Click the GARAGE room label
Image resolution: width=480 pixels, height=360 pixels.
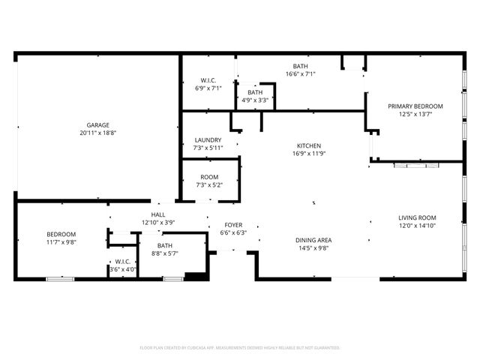click(97, 124)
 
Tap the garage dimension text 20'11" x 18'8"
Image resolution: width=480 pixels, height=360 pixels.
click(97, 132)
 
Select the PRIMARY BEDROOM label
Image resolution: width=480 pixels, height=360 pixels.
click(415, 106)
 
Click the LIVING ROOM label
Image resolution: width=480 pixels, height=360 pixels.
click(416, 217)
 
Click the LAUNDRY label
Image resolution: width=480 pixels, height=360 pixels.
click(208, 140)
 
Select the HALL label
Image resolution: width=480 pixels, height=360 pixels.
click(158, 214)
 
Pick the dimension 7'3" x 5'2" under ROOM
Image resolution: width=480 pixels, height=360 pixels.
click(209, 184)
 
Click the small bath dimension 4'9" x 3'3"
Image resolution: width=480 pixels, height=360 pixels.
click(256, 100)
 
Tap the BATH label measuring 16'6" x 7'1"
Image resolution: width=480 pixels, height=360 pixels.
click(301, 66)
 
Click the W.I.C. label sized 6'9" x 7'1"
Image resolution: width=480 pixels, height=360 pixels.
click(208, 80)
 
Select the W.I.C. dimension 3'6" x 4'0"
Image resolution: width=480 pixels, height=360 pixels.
click(123, 269)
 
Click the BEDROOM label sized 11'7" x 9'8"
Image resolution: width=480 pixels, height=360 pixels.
click(61, 235)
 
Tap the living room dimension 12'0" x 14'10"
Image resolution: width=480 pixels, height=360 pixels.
click(416, 225)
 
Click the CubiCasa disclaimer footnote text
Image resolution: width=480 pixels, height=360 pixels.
click(240, 348)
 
